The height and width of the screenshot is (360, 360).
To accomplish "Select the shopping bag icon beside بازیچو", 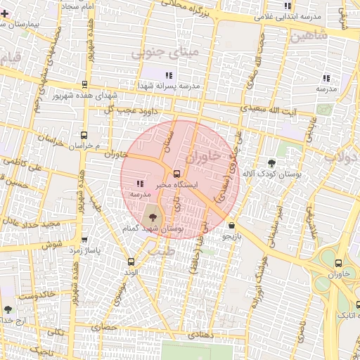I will [x=232, y=226].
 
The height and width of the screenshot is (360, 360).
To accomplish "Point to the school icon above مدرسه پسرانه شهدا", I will [x=168, y=75].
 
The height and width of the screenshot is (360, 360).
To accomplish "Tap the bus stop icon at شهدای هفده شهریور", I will [x=84, y=84].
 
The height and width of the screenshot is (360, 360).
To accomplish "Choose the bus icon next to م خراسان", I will [x=84, y=135].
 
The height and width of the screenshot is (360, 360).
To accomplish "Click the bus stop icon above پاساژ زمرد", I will [x=84, y=240].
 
